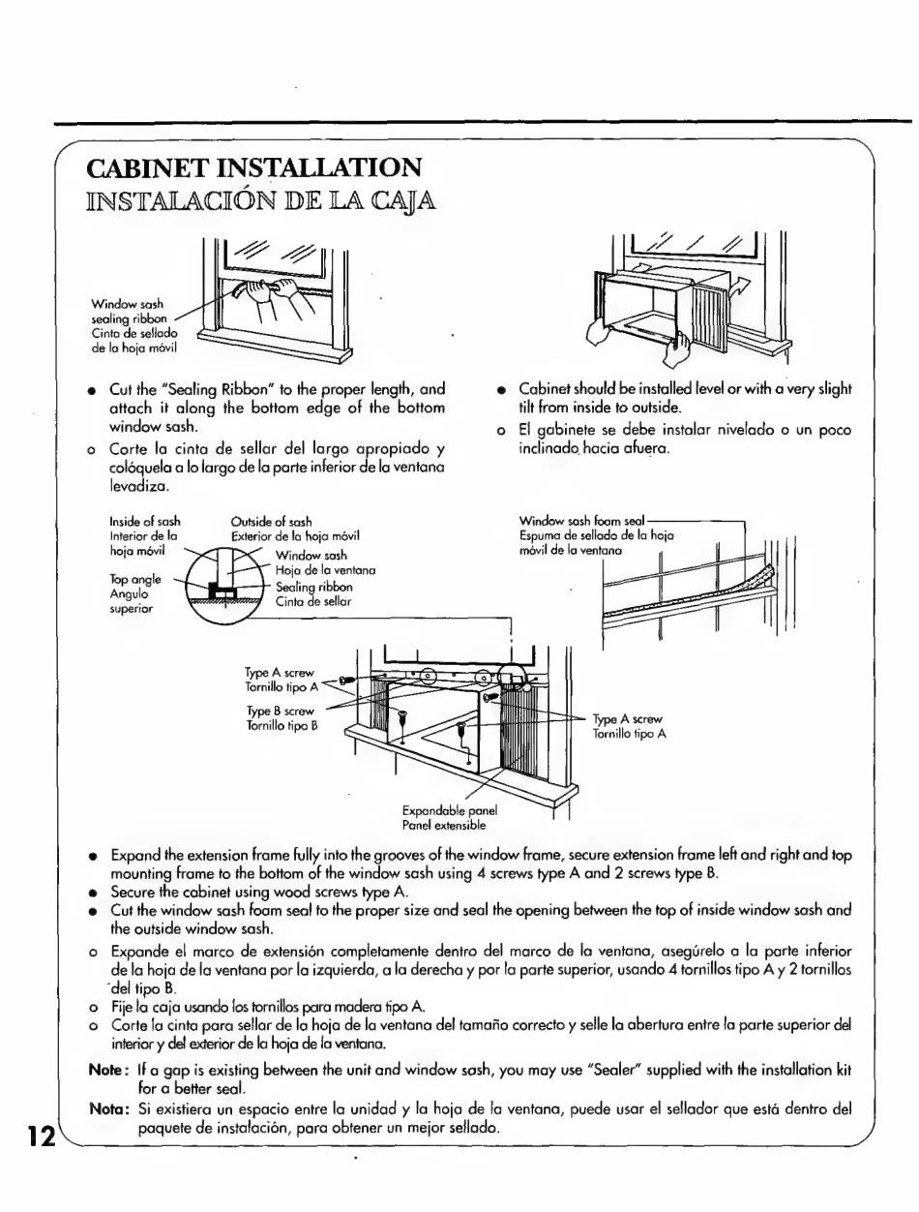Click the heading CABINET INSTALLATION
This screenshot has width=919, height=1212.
[254, 167]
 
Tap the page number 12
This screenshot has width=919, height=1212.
[40, 1136]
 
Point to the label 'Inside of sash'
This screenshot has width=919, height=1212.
[145, 522]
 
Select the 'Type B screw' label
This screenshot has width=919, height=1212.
[280, 711]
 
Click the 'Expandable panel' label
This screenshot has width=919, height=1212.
[448, 810]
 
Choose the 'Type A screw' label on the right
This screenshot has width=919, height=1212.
[629, 719]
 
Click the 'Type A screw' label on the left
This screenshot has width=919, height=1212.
[280, 672]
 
